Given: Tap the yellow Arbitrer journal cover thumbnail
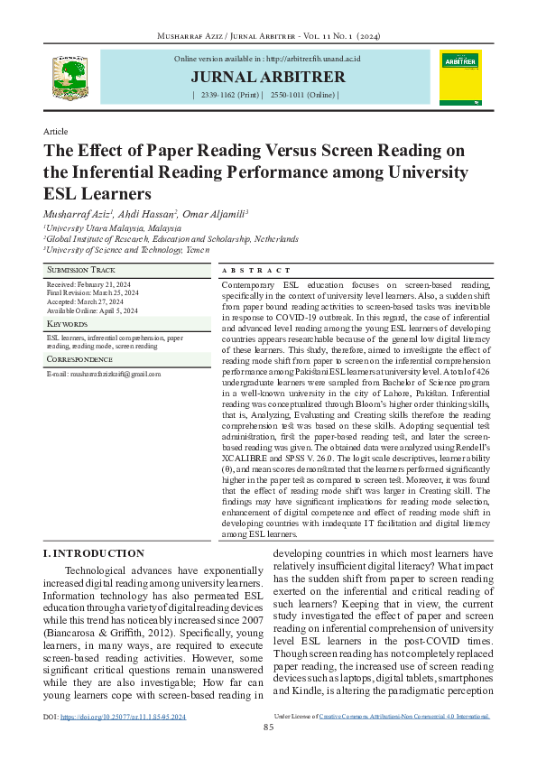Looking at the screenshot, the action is (460, 76).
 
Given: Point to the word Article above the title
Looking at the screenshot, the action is (56, 132).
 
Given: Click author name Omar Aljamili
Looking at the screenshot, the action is (209, 212).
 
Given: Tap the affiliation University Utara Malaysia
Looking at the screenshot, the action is (100, 228).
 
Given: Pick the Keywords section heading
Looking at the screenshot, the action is (68, 323).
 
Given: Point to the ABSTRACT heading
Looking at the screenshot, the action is (256, 271).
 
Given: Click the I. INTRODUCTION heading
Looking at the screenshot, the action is (94, 552).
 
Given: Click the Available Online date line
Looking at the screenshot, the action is (92, 310).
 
